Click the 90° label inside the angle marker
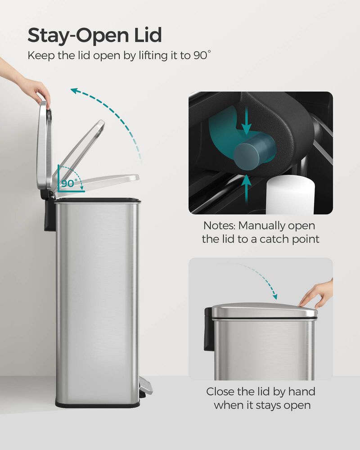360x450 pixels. pyautogui.click(x=70, y=184)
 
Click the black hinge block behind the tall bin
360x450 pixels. pyautogui.click(x=49, y=214)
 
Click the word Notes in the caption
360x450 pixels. pyautogui.click(x=219, y=225)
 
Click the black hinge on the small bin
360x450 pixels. pyautogui.click(x=208, y=328)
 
